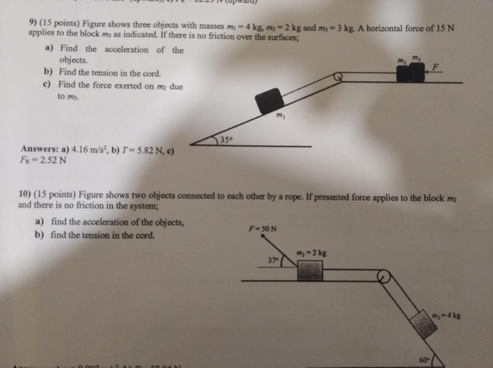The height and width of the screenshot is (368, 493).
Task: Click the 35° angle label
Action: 226,140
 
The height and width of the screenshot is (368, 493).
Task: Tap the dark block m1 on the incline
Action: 269,101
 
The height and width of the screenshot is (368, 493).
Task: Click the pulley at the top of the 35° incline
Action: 338,76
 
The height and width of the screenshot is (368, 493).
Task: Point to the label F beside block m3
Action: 435,68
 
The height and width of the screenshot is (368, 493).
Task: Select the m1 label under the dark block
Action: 280,116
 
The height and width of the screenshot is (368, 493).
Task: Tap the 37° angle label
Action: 273,260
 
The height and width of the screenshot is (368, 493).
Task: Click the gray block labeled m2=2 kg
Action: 310,270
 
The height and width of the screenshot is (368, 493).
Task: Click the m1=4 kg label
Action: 446,316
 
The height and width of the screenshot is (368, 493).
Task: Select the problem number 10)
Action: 25,194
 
